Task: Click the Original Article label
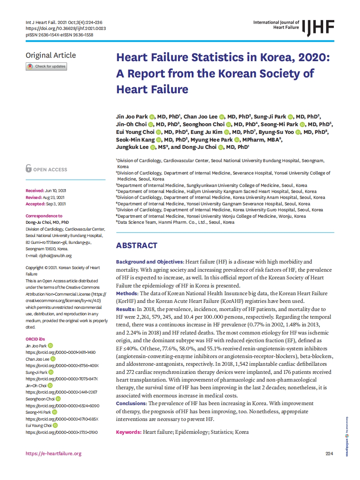coord(51,55)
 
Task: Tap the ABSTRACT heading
coord(137,246)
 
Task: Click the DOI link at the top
coord(66,28)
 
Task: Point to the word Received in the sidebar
coord(35,190)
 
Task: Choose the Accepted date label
coord(35,204)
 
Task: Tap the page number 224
coord(329,453)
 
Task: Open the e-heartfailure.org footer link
coord(54,453)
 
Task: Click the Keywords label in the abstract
coord(128,432)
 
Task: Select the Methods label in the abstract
coord(127,293)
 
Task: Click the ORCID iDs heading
coord(35,339)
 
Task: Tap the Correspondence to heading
coord(44,216)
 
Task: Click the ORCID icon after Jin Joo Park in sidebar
coord(51,346)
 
